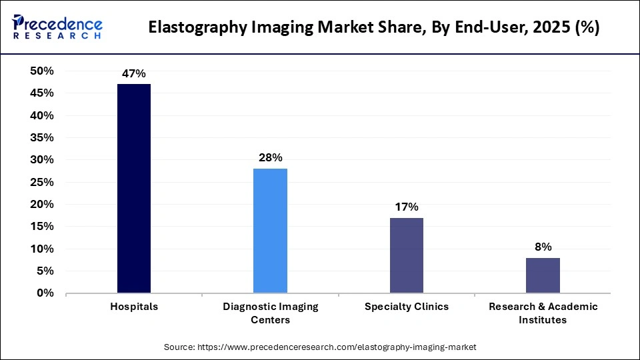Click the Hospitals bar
tap(134, 189)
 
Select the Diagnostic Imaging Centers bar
tap(270, 231)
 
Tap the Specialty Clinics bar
tap(407, 255)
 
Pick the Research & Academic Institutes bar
tap(543, 275)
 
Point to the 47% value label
tap(134, 74)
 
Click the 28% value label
tap(271, 158)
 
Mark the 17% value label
tap(407, 207)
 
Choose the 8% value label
tap(543, 247)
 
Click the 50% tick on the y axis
tap(42, 71)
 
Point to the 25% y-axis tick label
tap(42, 182)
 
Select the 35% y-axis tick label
tap(42, 138)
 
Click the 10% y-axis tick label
tap(42, 249)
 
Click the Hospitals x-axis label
tap(134, 307)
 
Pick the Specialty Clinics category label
tap(407, 307)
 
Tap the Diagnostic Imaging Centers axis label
tap(270, 313)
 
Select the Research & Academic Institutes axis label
tap(543, 313)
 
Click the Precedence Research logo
tap(57, 27)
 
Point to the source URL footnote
tap(320, 347)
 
